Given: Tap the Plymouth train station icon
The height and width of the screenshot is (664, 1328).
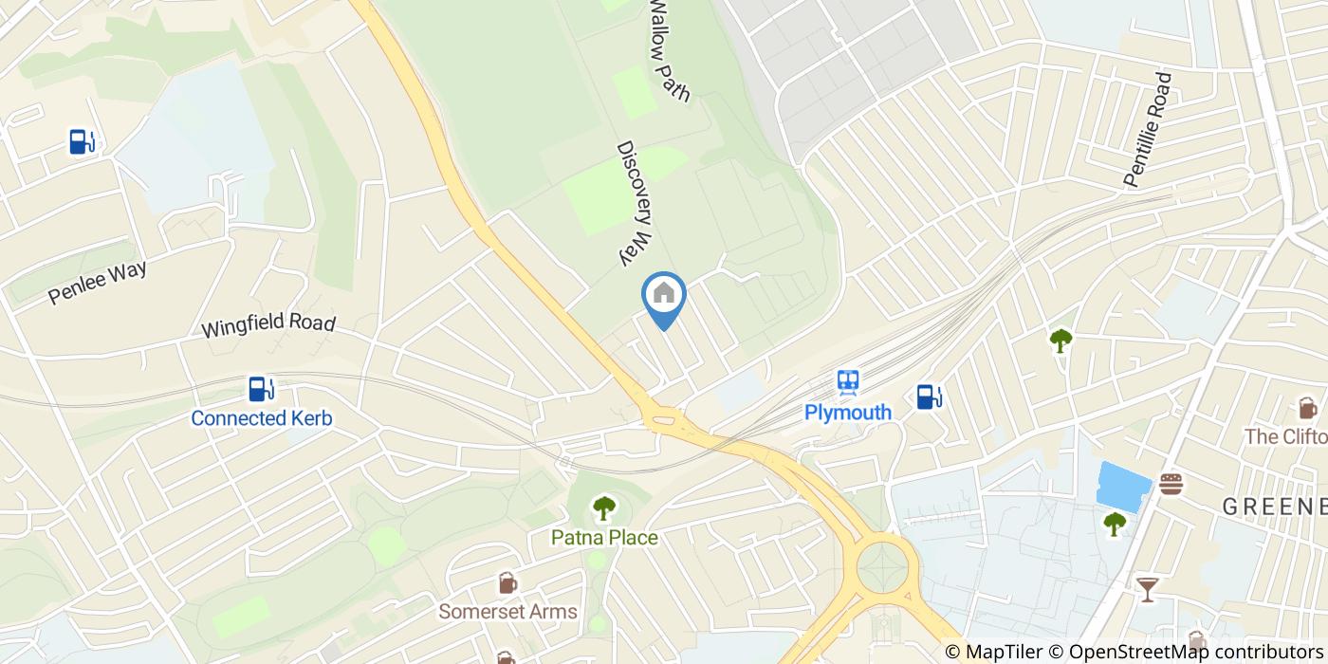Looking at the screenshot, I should pos(848,382).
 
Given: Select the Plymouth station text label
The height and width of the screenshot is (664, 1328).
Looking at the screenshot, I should pos(848,412).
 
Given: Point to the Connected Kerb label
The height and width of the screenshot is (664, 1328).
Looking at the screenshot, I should pos(262,418).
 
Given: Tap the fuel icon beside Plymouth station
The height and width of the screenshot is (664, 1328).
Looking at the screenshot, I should pos(929,397).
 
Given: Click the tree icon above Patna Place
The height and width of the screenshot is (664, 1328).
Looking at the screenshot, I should pos(604,508).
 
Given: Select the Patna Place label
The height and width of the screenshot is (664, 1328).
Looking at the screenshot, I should pos(604,538).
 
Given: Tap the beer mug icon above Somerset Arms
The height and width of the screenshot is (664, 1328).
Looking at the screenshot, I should pos(507,582).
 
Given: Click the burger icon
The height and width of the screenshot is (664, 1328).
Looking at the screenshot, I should pos(1171,483).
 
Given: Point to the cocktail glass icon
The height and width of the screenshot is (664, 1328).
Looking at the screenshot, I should pos(1147,589).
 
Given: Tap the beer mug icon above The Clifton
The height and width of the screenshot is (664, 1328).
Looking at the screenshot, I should pos(1308,408).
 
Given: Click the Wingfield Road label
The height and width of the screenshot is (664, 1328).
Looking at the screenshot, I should pos(268,324).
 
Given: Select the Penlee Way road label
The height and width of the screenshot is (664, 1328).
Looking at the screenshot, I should pos(98,283).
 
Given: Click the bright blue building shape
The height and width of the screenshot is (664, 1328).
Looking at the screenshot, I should pos(1123,486).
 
